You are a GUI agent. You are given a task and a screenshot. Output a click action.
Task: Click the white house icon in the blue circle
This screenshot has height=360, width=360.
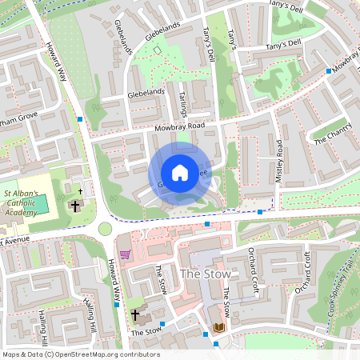[180, 172]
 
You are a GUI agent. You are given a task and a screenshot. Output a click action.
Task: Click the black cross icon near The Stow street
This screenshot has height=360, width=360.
[135, 315]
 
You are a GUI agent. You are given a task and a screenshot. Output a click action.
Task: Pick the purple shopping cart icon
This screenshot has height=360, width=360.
[125, 254]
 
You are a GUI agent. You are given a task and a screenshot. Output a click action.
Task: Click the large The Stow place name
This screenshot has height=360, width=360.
[200, 274]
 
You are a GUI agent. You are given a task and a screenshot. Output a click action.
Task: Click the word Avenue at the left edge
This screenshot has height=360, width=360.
[17, 239]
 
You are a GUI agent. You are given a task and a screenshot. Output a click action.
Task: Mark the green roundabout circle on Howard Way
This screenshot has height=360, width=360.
[106, 229]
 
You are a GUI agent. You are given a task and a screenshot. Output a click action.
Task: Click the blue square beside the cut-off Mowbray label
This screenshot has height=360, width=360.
[328, 71]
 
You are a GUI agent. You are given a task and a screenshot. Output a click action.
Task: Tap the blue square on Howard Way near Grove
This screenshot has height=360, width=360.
[80, 119]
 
